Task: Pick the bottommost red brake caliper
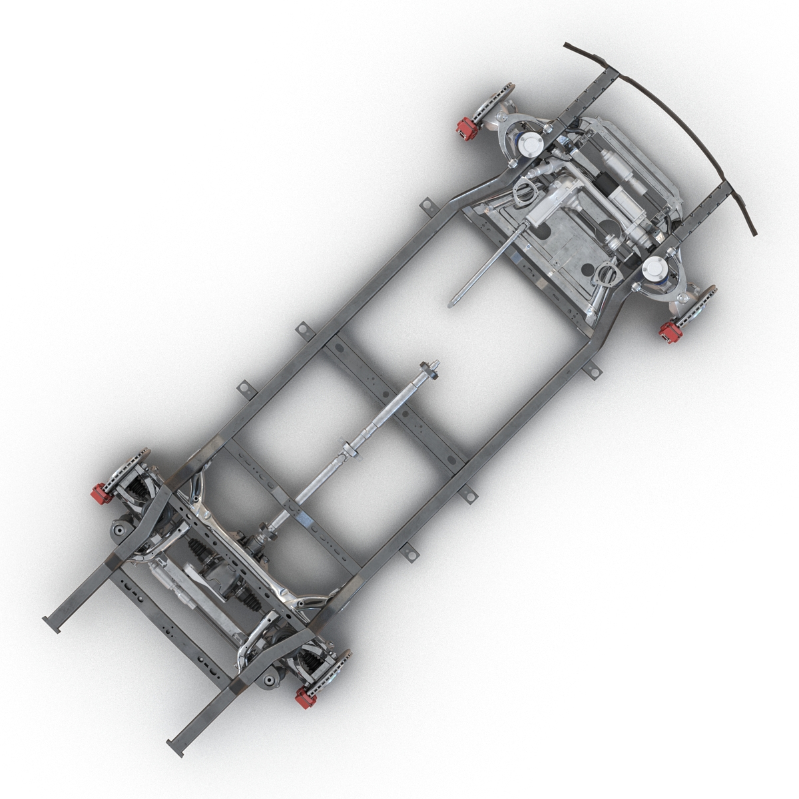(307, 697)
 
